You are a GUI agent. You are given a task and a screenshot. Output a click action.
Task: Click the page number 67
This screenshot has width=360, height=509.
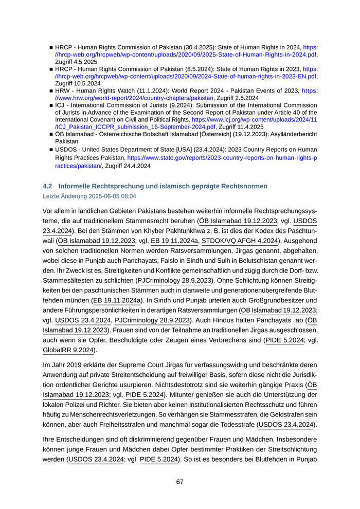180,482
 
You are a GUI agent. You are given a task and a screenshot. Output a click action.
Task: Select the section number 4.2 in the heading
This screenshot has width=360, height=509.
48,186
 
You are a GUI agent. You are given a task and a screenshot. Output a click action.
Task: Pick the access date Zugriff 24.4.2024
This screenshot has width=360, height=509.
128,166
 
